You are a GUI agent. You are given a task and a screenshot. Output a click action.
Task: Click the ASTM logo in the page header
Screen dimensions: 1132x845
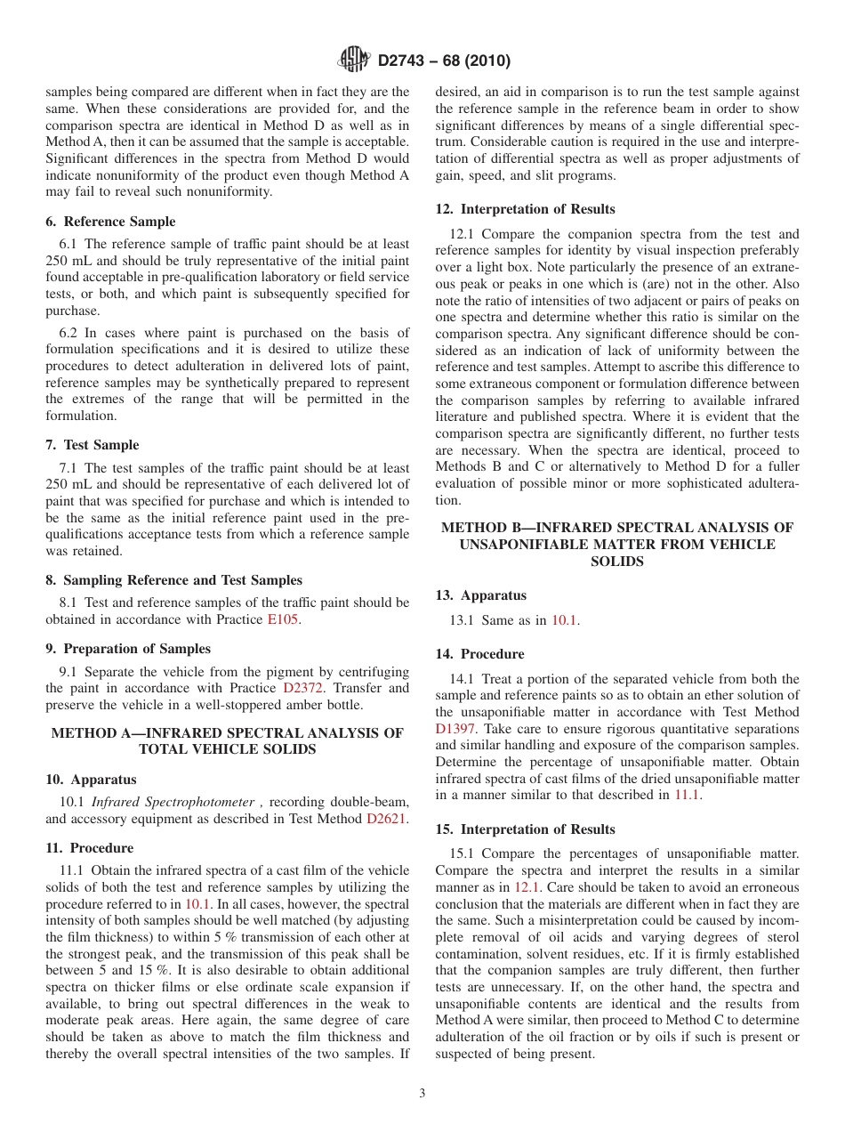tap(354, 61)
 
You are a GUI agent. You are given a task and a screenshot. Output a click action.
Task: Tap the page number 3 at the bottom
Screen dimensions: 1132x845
tap(422, 1094)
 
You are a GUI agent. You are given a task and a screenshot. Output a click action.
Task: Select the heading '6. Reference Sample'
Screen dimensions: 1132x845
tap(110, 222)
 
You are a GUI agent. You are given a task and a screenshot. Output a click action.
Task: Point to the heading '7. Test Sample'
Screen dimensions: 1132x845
tap(92, 445)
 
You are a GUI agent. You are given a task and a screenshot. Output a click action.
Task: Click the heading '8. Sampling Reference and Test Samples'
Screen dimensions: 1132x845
tap(173, 580)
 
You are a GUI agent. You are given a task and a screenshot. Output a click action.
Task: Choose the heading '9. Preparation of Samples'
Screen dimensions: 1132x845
tap(128, 649)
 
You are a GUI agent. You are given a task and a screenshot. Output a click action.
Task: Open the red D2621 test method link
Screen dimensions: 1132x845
tap(386, 819)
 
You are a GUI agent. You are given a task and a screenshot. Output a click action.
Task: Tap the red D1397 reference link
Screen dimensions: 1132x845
tap(455, 729)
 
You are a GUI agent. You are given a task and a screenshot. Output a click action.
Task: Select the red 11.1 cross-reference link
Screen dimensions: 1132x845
tap(687, 795)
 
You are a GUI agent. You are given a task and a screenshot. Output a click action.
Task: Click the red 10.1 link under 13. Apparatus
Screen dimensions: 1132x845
tap(565, 619)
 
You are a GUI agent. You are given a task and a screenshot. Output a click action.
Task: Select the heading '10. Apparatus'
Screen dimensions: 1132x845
tap(91, 780)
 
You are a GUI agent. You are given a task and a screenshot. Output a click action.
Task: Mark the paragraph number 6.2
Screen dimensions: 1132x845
tap(68, 333)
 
